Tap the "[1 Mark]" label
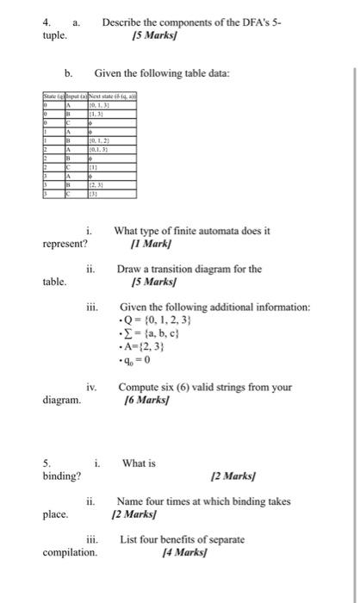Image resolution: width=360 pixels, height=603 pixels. coord(138,244)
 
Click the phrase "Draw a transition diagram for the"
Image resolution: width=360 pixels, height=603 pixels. coord(189,269)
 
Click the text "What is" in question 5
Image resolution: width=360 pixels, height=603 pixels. coord(139,463)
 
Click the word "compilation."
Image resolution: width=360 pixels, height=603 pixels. coord(70,551)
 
